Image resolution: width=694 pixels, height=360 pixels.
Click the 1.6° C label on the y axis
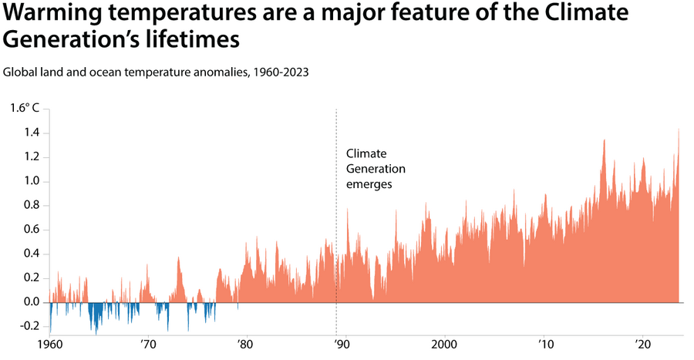click(x=24, y=109)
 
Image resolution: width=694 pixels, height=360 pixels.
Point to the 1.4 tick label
click(x=31, y=133)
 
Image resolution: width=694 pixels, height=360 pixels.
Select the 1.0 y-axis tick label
click(x=31, y=182)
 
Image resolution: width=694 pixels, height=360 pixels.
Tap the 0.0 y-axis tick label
click(x=31, y=302)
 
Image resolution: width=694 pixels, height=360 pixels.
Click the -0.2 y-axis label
click(x=29, y=326)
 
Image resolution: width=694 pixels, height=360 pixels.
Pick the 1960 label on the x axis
click(x=50, y=344)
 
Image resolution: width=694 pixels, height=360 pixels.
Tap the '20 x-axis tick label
click(x=642, y=344)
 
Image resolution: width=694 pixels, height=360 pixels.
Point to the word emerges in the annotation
click(x=369, y=185)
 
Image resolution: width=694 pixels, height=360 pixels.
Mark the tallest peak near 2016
click(x=605, y=141)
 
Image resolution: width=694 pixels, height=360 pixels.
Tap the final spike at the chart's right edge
click(x=679, y=131)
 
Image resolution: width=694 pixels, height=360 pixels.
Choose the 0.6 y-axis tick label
click(x=31, y=230)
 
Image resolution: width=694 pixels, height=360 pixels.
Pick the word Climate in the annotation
click(x=366, y=153)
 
